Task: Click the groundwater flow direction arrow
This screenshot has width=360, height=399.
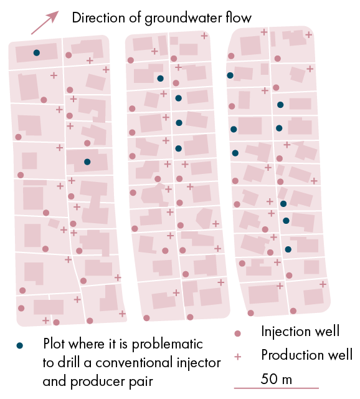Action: tap(45, 22)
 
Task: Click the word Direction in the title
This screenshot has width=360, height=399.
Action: tap(98, 18)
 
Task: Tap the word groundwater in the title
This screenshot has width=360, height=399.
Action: tap(183, 19)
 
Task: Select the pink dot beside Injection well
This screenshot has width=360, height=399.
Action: tap(237, 334)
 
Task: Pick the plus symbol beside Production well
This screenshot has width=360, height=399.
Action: tap(237, 357)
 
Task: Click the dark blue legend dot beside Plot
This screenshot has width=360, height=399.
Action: tap(19, 345)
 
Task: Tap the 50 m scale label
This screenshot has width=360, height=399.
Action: tap(277, 378)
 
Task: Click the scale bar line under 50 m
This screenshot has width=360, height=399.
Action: tap(277, 388)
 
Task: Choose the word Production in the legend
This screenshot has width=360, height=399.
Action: tap(291, 355)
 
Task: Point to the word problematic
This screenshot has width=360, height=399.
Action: tap(168, 345)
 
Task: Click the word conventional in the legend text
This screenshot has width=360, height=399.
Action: tap(134, 362)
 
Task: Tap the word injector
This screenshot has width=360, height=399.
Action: tap(199, 363)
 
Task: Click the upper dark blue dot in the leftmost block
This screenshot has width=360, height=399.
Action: tap(37, 52)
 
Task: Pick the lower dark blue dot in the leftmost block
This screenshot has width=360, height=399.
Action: tap(87, 162)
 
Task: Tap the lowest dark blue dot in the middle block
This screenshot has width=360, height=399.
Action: tap(179, 148)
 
